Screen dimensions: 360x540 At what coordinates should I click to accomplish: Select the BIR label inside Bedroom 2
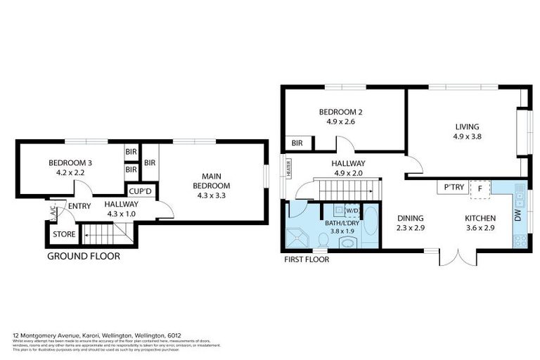point(297,143)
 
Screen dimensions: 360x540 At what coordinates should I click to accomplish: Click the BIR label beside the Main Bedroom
point(150,163)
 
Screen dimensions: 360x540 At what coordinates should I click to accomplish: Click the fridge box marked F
point(480,188)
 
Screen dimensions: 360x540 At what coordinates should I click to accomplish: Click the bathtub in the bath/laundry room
point(370,225)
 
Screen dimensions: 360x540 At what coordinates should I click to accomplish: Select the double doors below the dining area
point(458,257)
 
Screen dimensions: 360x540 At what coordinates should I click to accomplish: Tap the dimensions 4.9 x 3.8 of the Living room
point(467,138)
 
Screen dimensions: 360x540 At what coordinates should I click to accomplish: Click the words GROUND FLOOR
point(83,257)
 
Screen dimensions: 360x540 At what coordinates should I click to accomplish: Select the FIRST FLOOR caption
point(307,259)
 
